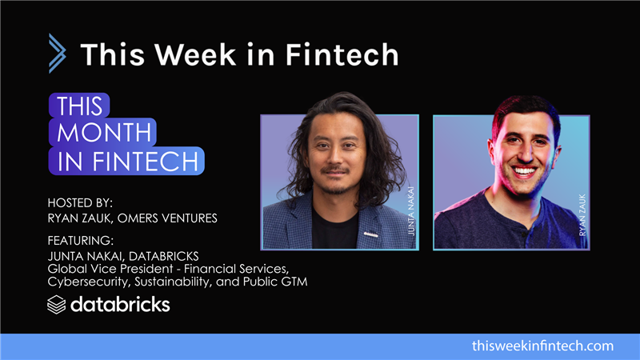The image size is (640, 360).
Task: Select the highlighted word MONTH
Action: click(x=102, y=132)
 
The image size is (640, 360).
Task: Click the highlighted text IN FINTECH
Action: click(x=127, y=161)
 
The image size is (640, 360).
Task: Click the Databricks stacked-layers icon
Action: click(x=57, y=305)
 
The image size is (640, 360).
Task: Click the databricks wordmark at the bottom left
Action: click(x=120, y=305)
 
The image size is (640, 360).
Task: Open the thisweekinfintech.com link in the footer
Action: click(x=542, y=346)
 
